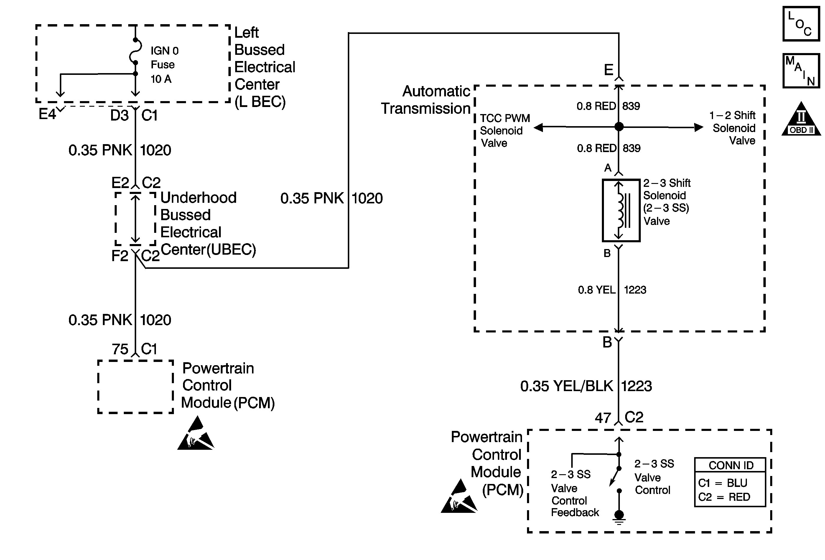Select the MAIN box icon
801,71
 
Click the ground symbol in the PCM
619,516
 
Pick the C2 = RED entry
724,497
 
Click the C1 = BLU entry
722,483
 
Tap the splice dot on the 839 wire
619,127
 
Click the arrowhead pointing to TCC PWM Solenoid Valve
539,127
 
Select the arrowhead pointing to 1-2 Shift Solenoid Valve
698,127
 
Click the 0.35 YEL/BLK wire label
567,386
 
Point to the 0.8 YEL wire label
596,290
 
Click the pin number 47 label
603,418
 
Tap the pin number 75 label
120,349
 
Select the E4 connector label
47,114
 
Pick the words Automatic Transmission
426,100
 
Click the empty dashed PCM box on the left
135,386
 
